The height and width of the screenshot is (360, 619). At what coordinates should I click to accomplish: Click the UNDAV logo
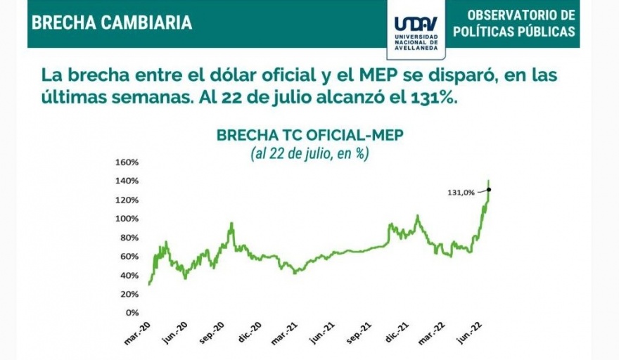click(416, 30)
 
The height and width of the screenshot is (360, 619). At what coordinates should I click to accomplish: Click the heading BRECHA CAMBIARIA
click(112, 22)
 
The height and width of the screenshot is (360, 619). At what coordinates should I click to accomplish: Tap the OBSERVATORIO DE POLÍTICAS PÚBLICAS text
click(513, 23)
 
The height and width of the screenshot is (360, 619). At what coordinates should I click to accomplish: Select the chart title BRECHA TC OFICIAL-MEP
click(310, 135)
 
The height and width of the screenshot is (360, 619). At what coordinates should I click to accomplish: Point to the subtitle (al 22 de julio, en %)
click(310, 154)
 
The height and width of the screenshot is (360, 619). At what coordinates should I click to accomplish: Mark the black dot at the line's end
click(488, 189)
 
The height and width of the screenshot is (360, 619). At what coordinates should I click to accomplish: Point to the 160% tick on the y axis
click(127, 162)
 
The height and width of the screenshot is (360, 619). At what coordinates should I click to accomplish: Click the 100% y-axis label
click(127, 219)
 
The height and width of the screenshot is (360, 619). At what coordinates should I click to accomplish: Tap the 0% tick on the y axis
click(132, 312)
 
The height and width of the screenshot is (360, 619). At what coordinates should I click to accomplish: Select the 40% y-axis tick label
click(129, 275)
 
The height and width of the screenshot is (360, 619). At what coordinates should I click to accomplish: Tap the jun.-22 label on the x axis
click(471, 331)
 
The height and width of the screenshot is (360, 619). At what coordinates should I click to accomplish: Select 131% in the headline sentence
click(435, 98)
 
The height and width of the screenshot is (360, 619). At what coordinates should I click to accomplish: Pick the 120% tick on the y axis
click(127, 200)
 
